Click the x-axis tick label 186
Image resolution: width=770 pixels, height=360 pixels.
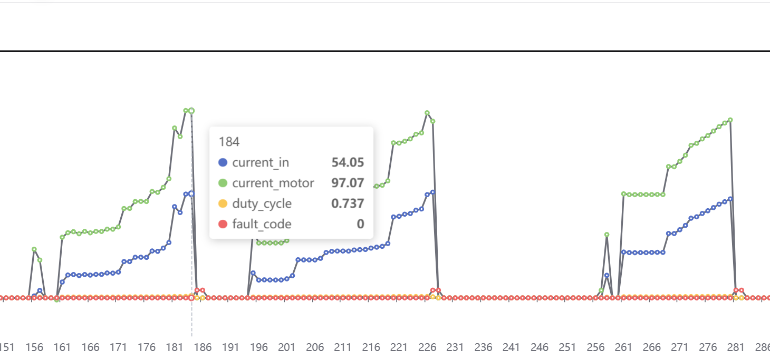click(x=203, y=348)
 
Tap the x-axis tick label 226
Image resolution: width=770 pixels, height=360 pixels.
click(x=427, y=348)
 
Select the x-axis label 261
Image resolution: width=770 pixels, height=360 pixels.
click(x=623, y=348)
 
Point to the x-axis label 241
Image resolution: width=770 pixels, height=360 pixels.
click(x=511, y=348)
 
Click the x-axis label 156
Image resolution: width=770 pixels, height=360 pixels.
click(x=35, y=348)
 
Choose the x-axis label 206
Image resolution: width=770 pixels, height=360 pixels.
click(x=315, y=348)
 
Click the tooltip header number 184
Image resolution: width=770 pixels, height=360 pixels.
click(x=229, y=142)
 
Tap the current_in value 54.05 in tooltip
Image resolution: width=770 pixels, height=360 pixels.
click(x=348, y=162)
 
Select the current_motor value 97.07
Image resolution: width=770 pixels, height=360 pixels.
click(x=348, y=183)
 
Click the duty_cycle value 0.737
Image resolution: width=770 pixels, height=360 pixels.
click(x=348, y=203)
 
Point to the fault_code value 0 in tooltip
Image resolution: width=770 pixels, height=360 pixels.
click(x=360, y=224)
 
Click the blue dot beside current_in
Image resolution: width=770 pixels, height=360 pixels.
click(x=223, y=162)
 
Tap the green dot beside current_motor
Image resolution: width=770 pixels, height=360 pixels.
click(x=223, y=183)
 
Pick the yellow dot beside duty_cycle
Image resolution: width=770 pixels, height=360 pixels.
click(x=223, y=203)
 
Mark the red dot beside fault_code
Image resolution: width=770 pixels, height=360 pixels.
click(x=223, y=224)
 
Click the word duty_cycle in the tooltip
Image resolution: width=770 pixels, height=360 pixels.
click(x=262, y=203)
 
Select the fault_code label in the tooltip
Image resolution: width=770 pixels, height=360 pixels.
click(x=262, y=224)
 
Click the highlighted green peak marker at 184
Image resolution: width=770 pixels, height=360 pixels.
click(x=191, y=111)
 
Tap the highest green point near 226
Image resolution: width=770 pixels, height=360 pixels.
click(x=427, y=113)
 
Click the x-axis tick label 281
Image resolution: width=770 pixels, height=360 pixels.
click(x=736, y=348)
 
